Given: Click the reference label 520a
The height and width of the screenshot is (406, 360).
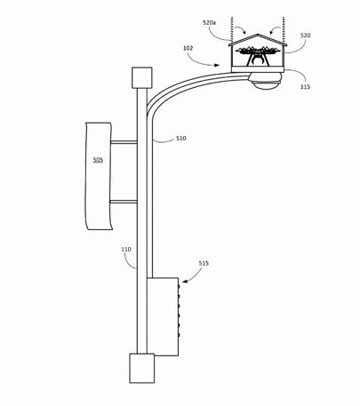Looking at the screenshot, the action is pos(209,22).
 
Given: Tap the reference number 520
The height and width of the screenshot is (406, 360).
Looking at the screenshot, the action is pos(306,36).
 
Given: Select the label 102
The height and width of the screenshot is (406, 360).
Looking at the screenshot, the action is pos(188,48).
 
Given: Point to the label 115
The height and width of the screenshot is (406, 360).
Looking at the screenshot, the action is pos(305,86).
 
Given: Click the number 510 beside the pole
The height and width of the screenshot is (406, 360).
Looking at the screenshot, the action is pos(181,138).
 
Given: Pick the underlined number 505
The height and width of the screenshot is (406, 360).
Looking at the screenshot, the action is pos(98,160).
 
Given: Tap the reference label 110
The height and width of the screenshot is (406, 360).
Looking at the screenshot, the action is pos(126,250).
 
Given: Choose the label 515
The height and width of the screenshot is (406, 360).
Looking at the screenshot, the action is pos(204,263).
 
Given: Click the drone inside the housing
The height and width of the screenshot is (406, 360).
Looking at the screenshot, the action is pos(258,55).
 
